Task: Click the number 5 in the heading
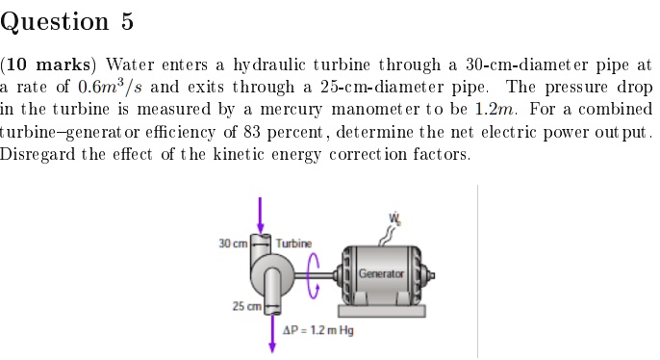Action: [125, 22]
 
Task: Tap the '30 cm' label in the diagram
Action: [234, 242]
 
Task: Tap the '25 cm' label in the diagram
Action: [244, 306]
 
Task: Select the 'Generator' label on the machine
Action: [381, 274]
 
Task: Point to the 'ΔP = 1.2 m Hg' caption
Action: [318, 330]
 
